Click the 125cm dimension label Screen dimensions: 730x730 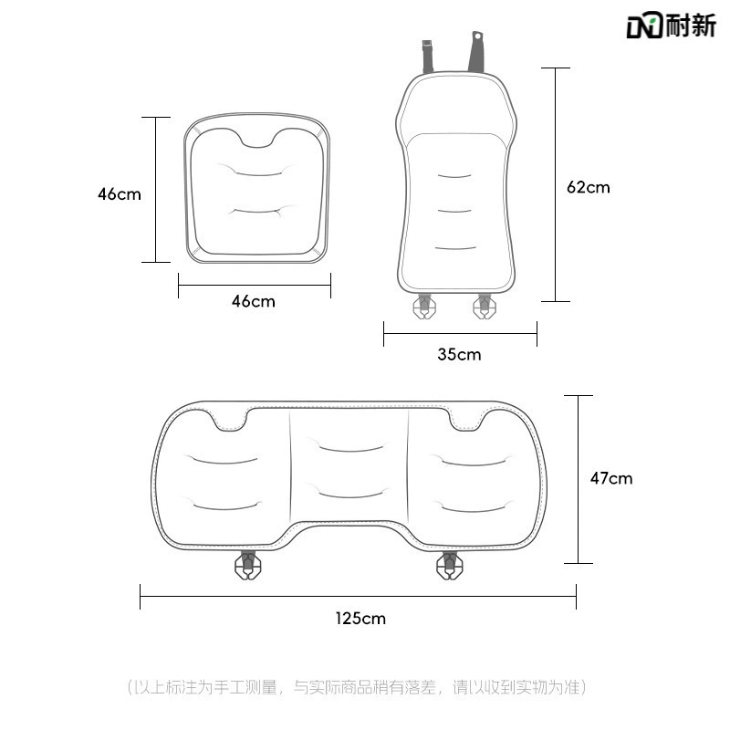(360, 619)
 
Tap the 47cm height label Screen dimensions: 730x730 (611, 478)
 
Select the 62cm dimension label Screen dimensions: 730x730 (588, 187)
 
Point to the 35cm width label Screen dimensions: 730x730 (459, 355)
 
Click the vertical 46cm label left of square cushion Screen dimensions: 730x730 (120, 194)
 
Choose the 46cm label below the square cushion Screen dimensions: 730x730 (254, 301)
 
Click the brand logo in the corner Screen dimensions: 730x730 (671, 25)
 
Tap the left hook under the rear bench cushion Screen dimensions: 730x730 (247, 565)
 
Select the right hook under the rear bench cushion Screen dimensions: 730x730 (449, 565)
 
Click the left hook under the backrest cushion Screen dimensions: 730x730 (424, 307)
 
